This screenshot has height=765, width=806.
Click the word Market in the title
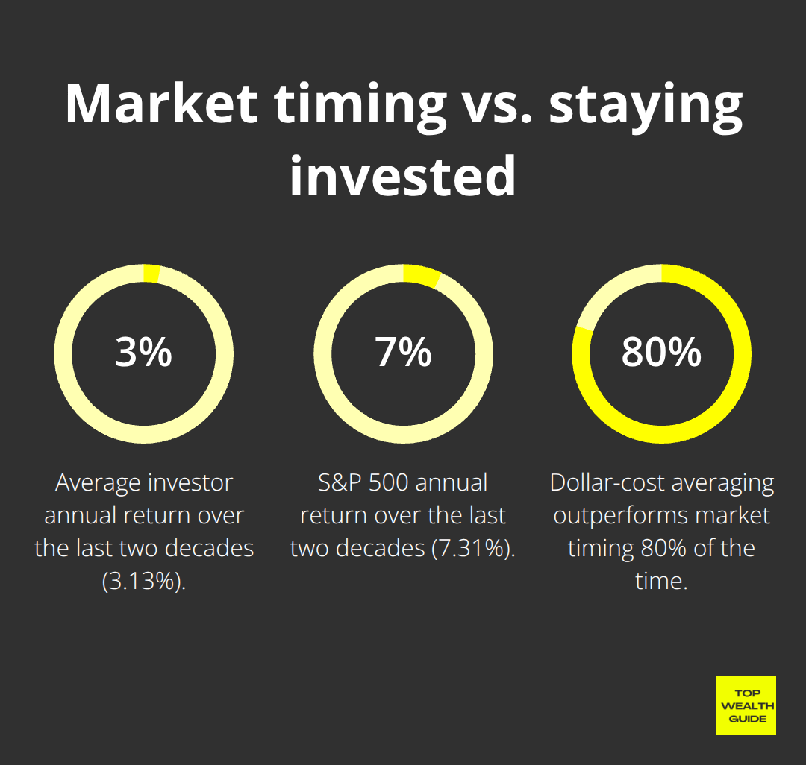(161, 104)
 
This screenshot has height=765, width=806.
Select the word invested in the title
(403, 176)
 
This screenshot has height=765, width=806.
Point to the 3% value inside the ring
(144, 353)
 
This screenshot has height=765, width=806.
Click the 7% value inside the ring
(403, 353)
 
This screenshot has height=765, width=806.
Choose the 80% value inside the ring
(661, 353)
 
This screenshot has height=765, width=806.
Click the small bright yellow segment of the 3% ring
(151, 274)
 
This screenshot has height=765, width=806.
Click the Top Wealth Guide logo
(746, 705)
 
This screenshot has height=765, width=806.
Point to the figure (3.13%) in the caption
(144, 582)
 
